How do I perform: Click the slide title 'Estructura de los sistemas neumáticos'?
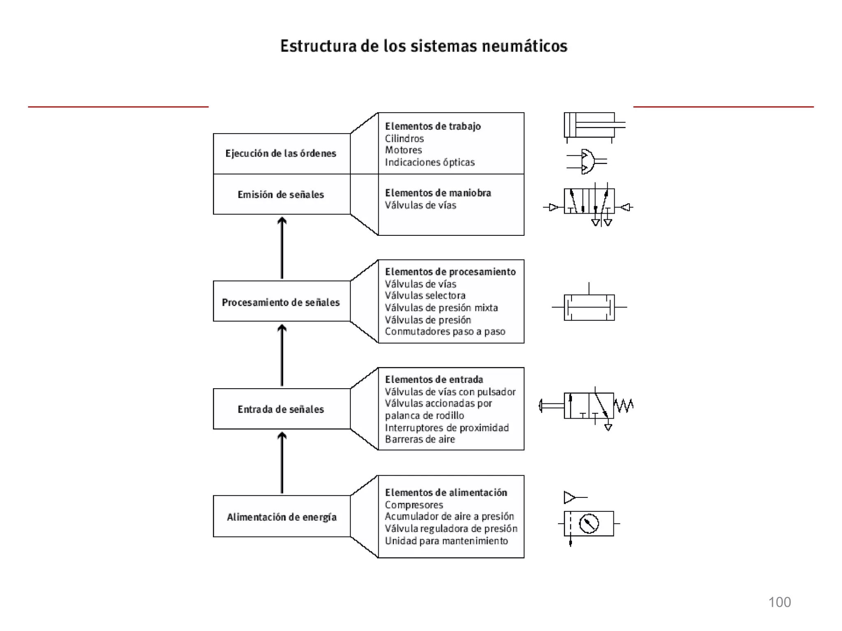pyautogui.click(x=423, y=46)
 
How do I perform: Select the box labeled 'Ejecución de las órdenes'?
pyautogui.click(x=281, y=153)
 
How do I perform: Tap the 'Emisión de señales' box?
pyautogui.click(x=281, y=194)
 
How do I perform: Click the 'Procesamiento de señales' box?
pyautogui.click(x=281, y=302)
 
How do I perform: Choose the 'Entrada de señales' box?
pyautogui.click(x=281, y=409)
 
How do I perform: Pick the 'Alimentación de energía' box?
pyautogui.click(x=281, y=517)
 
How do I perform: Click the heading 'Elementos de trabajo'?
pyautogui.click(x=433, y=126)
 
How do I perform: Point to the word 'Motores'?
pyautogui.click(x=403, y=150)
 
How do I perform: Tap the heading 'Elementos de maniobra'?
pyautogui.click(x=438, y=193)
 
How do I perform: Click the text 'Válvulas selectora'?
pyautogui.click(x=425, y=295)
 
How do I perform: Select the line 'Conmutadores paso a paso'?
pyautogui.click(x=445, y=332)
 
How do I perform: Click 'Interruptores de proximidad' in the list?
pyautogui.click(x=447, y=428)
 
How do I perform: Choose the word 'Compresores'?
pyautogui.click(x=414, y=505)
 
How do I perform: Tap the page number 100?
pyautogui.click(x=779, y=602)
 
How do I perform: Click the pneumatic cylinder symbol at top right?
pyautogui.click(x=592, y=125)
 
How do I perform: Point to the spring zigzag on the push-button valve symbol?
pyautogui.click(x=624, y=405)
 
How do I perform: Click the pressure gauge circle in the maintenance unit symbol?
pyautogui.click(x=589, y=524)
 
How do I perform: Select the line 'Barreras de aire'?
pyautogui.click(x=420, y=440)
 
